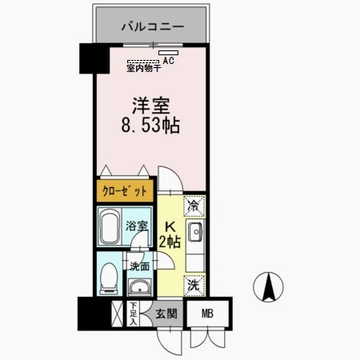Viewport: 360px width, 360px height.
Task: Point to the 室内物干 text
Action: tap(144, 68)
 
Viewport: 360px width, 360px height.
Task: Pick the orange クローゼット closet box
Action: tap(125, 192)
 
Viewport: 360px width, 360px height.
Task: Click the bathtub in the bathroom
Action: tap(110, 227)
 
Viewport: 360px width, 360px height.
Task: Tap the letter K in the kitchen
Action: tap(170, 227)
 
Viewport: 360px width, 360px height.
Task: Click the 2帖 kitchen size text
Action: tap(170, 242)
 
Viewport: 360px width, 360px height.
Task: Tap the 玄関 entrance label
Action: tap(166, 314)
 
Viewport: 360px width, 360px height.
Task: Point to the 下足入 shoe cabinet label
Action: tap(134, 312)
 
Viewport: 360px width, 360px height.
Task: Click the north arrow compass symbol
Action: tap(270, 286)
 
